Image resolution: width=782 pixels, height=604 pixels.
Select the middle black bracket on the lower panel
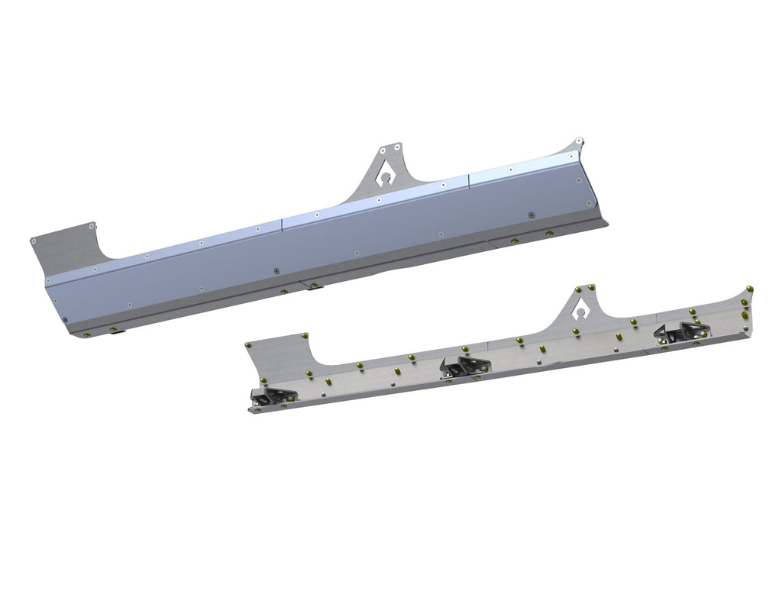pyautogui.click(x=465, y=366)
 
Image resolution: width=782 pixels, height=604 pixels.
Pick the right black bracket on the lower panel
pyautogui.click(x=681, y=331)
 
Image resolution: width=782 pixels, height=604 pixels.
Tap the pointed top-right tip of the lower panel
pyautogui.click(x=751, y=288)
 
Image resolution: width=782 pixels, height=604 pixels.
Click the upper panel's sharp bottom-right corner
pyautogui.click(x=609, y=222)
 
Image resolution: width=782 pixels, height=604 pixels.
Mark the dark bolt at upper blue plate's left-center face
pyautogui.click(x=276, y=270)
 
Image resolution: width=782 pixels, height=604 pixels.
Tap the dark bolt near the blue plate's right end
pyautogui.click(x=531, y=215)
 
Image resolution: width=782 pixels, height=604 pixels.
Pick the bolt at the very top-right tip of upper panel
pyautogui.click(x=580, y=141)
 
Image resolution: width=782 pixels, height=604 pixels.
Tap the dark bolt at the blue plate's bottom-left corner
pyautogui.click(x=66, y=320)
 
